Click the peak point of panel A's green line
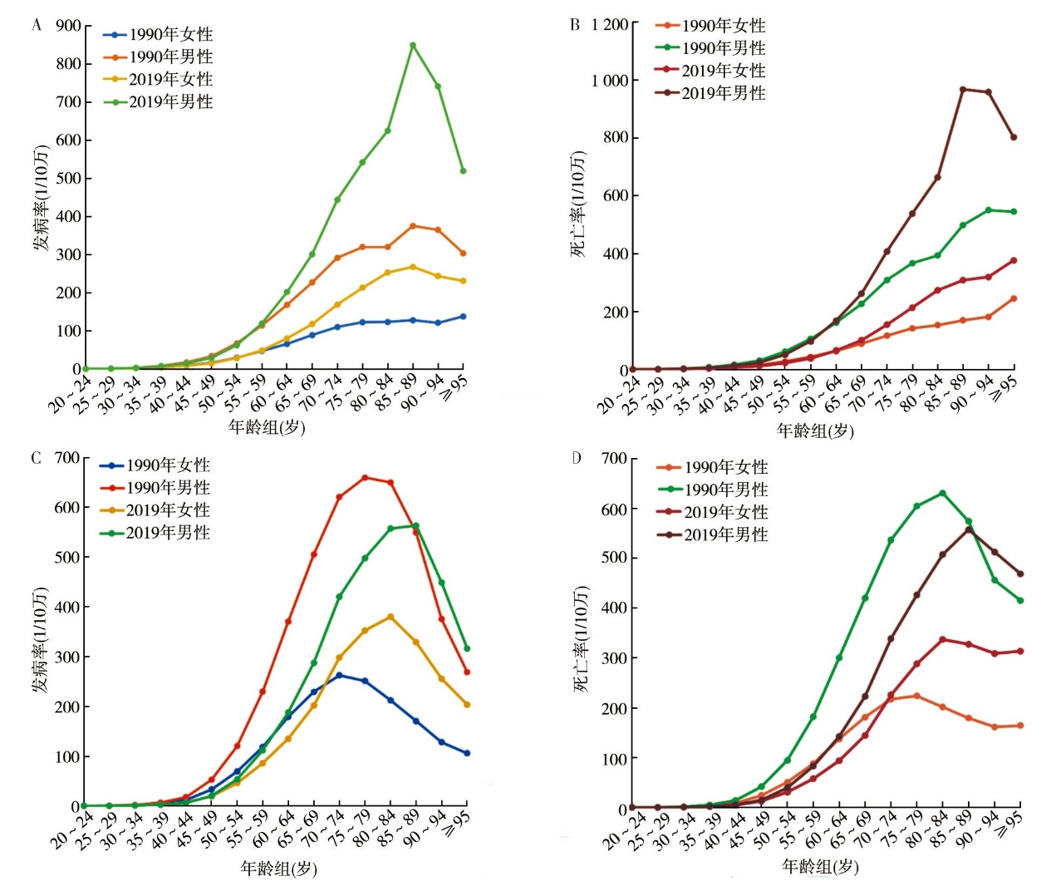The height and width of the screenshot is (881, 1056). [x=413, y=45]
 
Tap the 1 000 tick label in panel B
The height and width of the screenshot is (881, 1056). [x=609, y=81]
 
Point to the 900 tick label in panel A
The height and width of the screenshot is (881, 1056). [x=68, y=26]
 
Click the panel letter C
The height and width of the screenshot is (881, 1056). [x=36, y=458]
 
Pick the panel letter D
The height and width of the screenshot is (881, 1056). [x=577, y=458]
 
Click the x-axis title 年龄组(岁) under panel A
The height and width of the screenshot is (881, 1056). [x=267, y=428]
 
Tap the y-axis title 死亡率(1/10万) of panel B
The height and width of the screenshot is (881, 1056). [x=578, y=204]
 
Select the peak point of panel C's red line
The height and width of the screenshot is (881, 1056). [x=365, y=478]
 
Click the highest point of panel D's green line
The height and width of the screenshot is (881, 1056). [x=942, y=493]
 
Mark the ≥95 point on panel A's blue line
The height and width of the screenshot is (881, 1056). [x=463, y=317]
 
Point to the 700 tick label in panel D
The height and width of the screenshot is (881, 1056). [x=614, y=459]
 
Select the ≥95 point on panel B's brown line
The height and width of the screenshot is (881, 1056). [x=1014, y=137]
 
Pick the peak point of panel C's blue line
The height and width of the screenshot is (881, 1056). [x=339, y=676]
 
